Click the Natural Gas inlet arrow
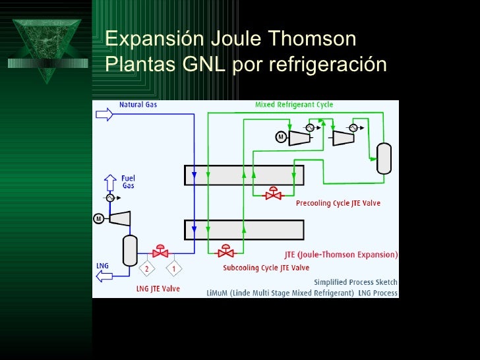[105, 115]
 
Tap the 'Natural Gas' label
[138, 104]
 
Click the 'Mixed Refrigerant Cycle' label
[294, 104]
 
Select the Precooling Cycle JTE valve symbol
[272, 195]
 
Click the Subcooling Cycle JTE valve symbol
[226, 251]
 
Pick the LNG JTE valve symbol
[160, 251]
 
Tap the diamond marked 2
[146, 268]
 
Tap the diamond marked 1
[174, 268]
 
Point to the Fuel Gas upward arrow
[109, 181]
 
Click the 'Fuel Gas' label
[128, 181]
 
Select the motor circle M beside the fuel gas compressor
[99, 218]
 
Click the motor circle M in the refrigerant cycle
[280, 137]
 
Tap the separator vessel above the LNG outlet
[129, 249]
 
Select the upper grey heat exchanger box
[243, 175]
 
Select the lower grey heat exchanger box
[243, 229]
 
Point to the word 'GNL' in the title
[206, 65]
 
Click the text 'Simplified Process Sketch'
[355, 282]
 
